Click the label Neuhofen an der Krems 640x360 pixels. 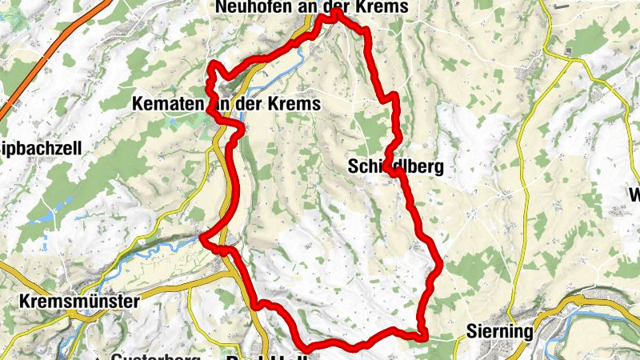coord(312,7)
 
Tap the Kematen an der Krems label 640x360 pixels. coord(226,104)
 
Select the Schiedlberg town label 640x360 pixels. coord(396,166)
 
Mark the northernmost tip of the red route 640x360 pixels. coord(336,12)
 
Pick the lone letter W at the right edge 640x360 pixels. coord(634,194)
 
